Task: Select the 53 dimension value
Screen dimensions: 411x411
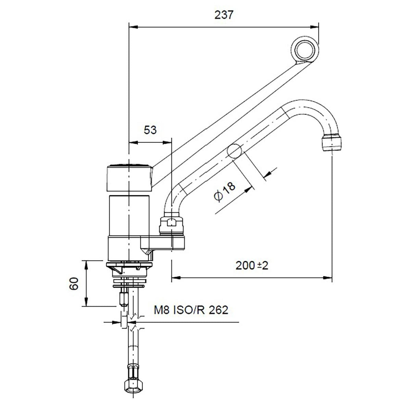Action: tap(150, 130)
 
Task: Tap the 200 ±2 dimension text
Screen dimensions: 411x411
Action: tap(252, 265)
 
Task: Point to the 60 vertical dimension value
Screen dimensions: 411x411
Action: tap(74, 284)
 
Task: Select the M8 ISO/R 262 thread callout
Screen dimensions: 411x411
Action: tap(190, 310)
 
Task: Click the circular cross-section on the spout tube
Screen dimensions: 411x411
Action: tap(235, 151)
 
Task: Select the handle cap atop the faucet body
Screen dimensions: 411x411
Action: tap(129, 177)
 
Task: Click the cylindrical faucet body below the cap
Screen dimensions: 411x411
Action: tap(129, 216)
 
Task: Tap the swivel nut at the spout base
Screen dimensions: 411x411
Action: tap(171, 224)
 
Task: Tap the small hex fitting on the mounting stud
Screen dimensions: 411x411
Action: tap(123, 298)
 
